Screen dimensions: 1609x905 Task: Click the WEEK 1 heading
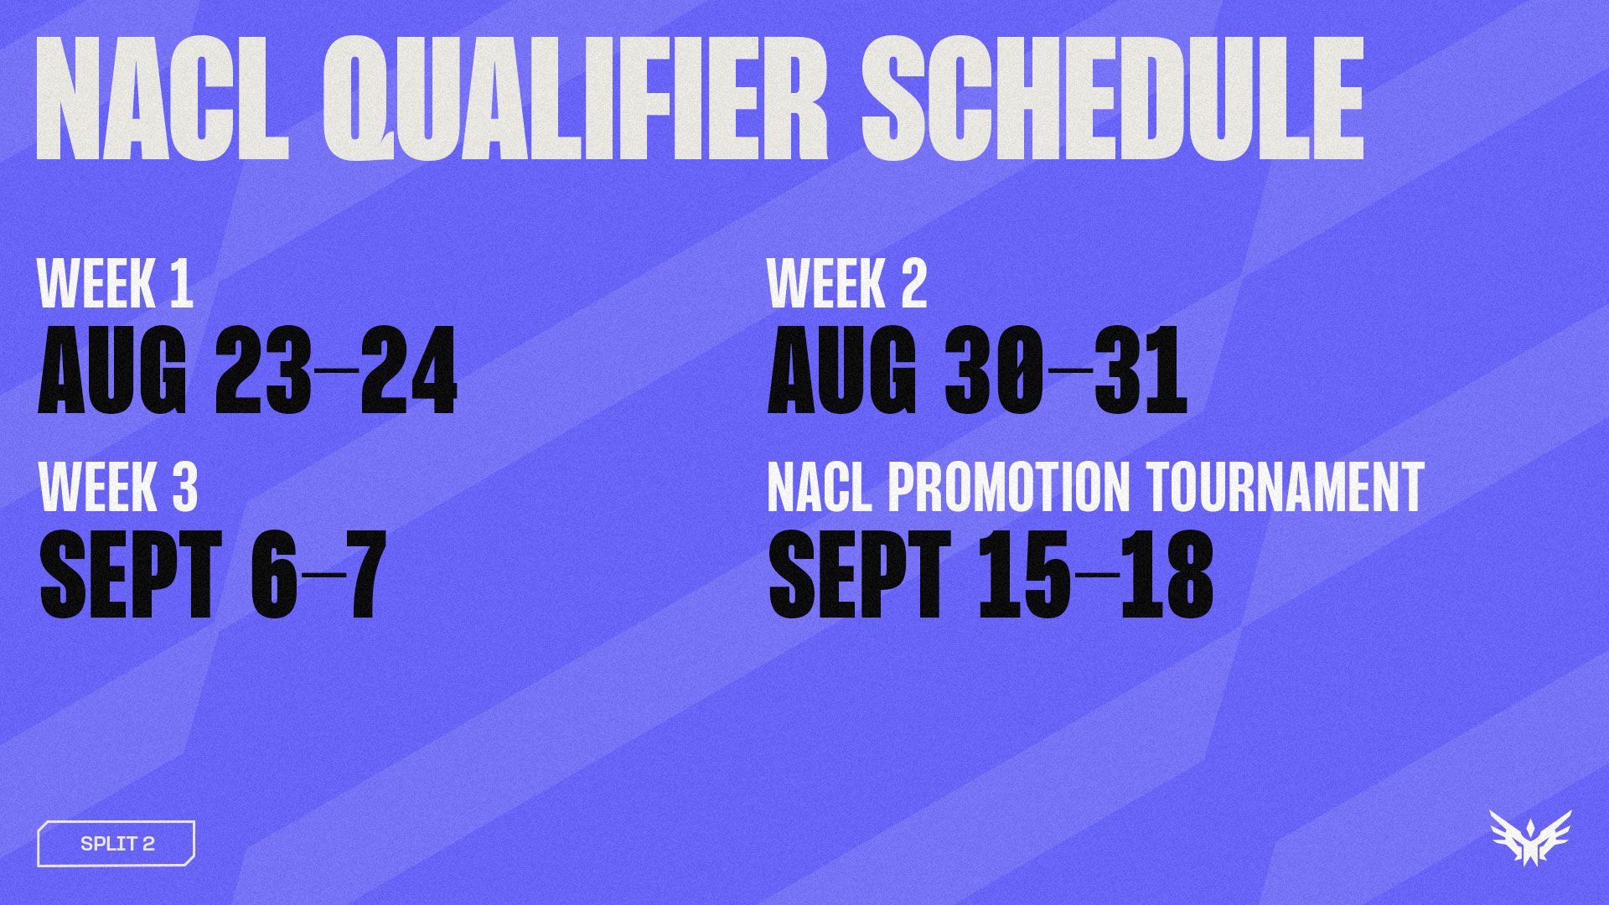(x=116, y=284)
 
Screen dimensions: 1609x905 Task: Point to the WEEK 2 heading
(x=847, y=284)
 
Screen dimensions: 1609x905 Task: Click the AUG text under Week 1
(x=112, y=371)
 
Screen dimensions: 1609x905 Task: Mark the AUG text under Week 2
(x=842, y=371)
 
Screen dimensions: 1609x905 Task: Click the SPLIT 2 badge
(x=116, y=843)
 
